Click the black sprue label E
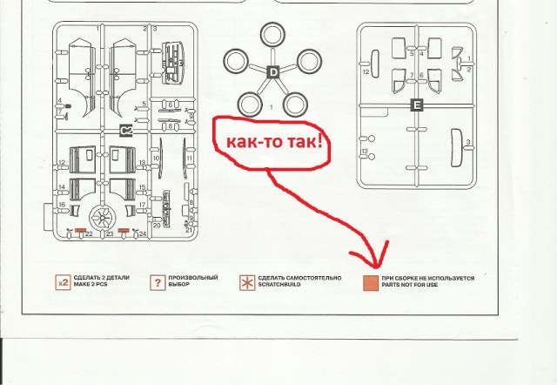click(x=417, y=105)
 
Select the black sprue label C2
click(x=125, y=131)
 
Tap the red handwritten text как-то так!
click(x=269, y=141)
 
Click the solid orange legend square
click(x=371, y=282)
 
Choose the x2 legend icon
click(x=63, y=282)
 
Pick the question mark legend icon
click(x=158, y=282)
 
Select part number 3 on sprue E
click(x=468, y=142)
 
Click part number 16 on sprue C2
click(x=63, y=205)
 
